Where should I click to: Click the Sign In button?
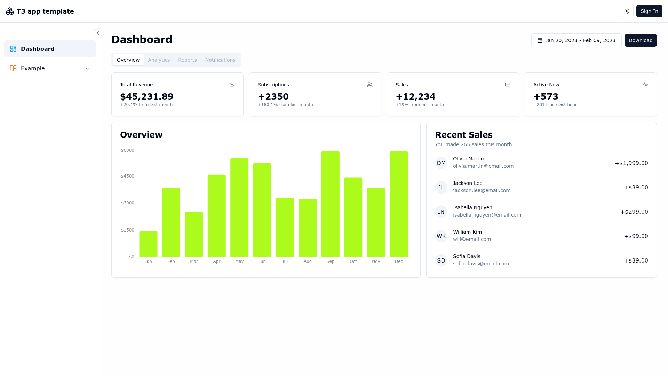[x=649, y=11]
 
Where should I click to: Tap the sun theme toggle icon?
[x=627, y=11]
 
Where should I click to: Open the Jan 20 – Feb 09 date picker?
[x=576, y=40]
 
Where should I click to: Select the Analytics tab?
[x=159, y=60]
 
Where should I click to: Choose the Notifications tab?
[x=220, y=60]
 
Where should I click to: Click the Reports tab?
[x=188, y=60]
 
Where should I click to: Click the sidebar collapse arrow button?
[x=99, y=33]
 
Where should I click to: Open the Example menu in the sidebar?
[x=50, y=68]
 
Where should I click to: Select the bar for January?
[x=148, y=244]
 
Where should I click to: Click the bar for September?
[x=331, y=204]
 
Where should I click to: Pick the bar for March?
[x=194, y=235]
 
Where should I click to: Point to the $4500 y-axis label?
[x=127, y=176]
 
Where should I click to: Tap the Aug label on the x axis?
[x=308, y=261]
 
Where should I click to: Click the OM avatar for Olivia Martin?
[x=441, y=163]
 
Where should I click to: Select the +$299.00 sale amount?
[x=634, y=212]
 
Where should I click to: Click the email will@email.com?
[x=472, y=239]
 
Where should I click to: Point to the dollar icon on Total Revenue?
[x=232, y=85]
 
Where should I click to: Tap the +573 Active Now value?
[x=546, y=96]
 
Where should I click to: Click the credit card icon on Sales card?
[x=508, y=85]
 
